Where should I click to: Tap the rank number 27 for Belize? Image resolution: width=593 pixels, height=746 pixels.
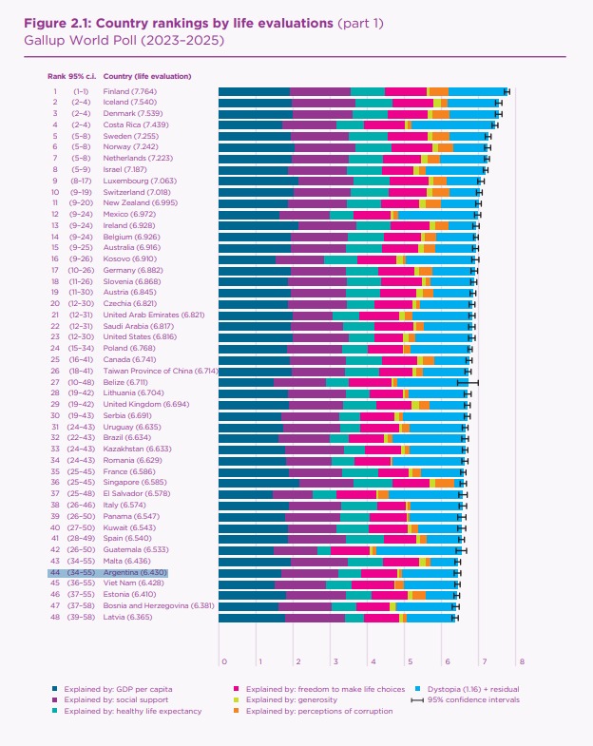[55, 381]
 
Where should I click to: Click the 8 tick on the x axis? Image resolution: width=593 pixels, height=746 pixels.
[521, 661]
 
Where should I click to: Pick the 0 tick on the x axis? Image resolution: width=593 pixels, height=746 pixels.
[222, 661]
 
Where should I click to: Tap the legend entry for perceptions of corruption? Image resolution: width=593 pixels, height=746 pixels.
[314, 711]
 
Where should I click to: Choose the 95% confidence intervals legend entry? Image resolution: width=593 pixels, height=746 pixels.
[466, 698]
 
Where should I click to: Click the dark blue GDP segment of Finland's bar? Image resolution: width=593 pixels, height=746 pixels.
[254, 91]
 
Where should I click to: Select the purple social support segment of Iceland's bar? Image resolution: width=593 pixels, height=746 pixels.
[323, 102]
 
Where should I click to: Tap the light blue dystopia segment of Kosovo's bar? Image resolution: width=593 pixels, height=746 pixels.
[438, 258]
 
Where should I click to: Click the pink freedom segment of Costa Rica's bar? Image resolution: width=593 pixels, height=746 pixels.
[384, 124]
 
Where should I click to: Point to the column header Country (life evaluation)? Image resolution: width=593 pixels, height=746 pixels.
[147, 75]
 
